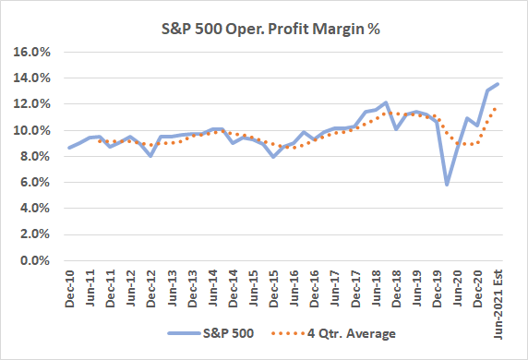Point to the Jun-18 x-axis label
coord(376,287)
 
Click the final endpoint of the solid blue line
coord(498,84)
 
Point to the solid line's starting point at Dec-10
coord(70,148)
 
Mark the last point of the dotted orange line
coord(498,108)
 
